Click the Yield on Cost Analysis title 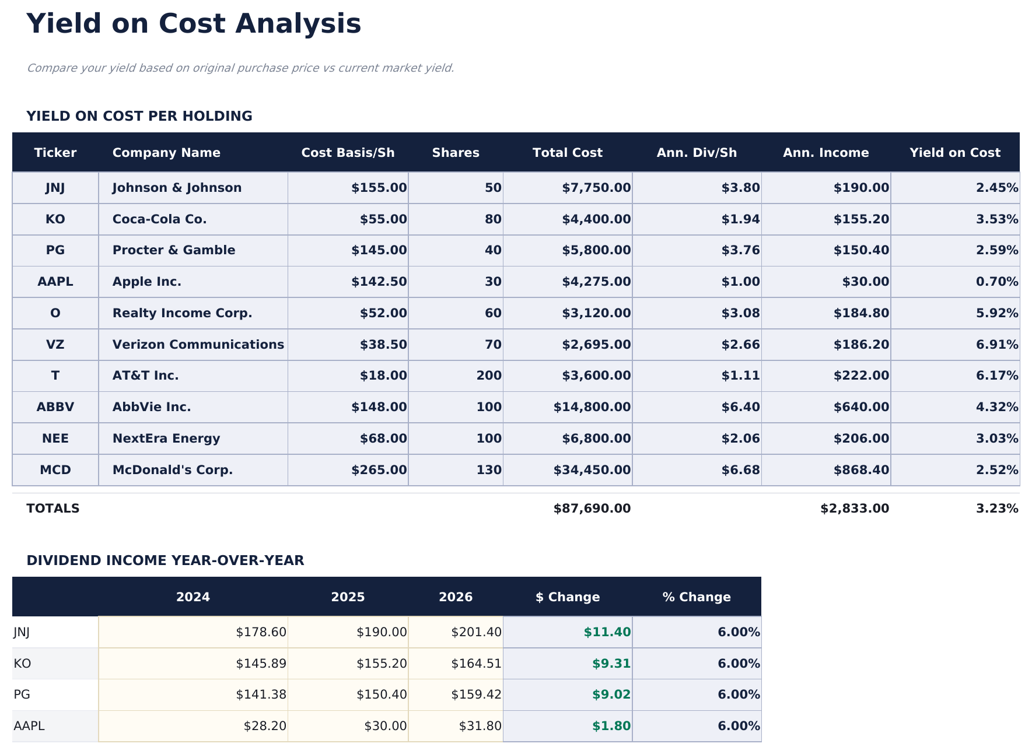(x=194, y=24)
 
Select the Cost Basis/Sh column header (x=348, y=153)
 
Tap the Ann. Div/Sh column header (x=697, y=153)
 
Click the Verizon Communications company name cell (x=198, y=345)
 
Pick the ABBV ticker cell (x=55, y=407)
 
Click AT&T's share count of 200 (x=489, y=376)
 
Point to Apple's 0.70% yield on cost (x=996, y=282)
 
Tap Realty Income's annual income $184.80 (x=861, y=313)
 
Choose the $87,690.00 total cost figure (x=592, y=508)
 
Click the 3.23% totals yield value (x=996, y=508)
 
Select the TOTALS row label (x=53, y=508)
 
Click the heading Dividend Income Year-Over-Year (x=165, y=560)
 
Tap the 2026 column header (x=456, y=597)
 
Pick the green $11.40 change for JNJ (x=607, y=632)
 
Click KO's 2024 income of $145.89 (x=261, y=664)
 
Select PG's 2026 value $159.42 (x=476, y=695)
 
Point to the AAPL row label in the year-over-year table (x=29, y=726)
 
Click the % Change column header (x=697, y=597)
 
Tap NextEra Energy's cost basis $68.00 (x=383, y=439)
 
